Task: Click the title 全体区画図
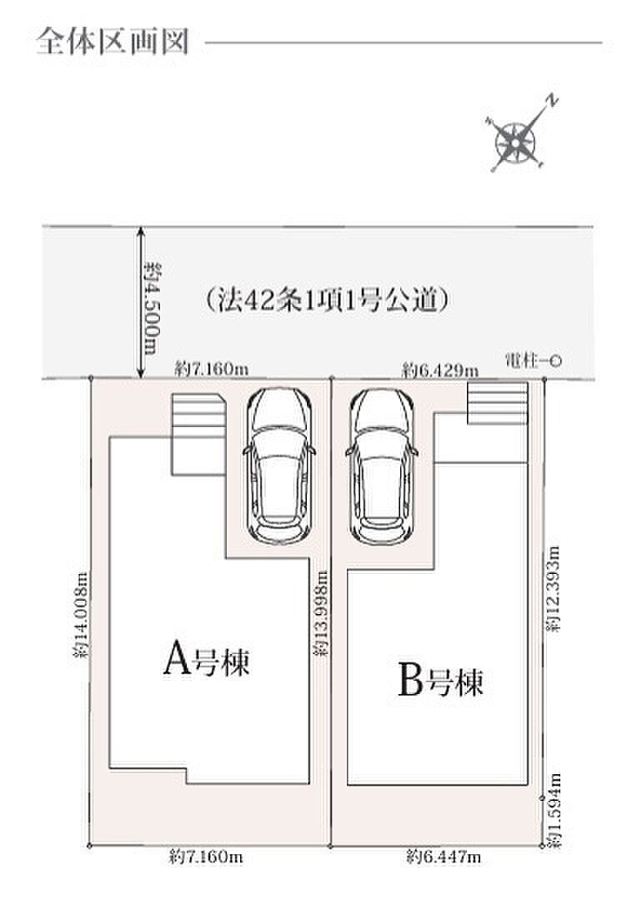(x=113, y=42)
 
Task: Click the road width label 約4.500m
(x=153, y=308)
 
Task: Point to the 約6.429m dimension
(x=440, y=370)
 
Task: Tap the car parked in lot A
(x=278, y=466)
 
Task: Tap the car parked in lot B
(x=382, y=466)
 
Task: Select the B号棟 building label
(x=440, y=679)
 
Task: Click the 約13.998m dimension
(x=320, y=613)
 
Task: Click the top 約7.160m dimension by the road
(x=211, y=369)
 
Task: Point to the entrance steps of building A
(x=198, y=434)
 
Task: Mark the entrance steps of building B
(x=498, y=403)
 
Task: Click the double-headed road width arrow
(x=140, y=303)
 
